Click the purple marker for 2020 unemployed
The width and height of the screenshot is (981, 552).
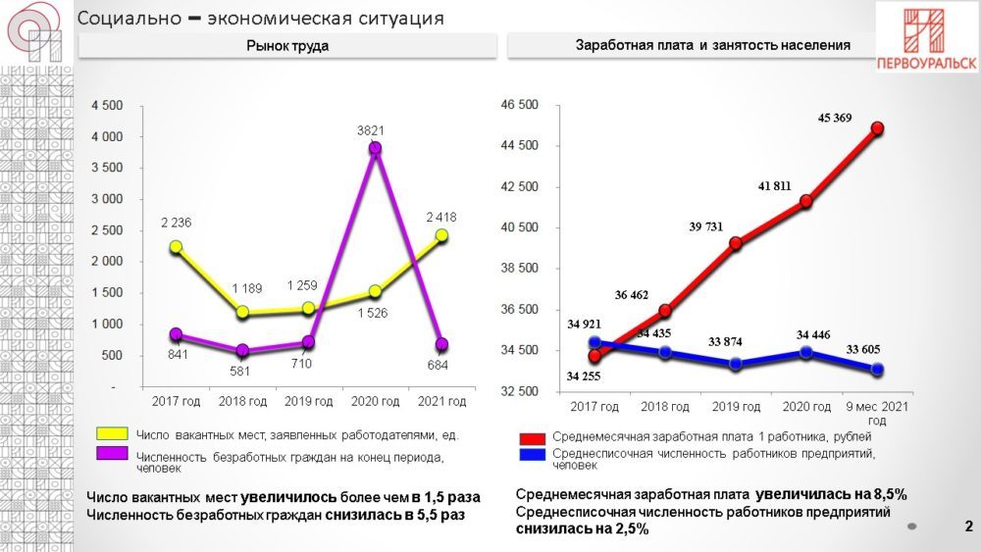click(375, 149)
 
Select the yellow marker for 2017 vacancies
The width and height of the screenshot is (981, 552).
click(175, 247)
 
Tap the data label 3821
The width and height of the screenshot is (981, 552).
click(375, 129)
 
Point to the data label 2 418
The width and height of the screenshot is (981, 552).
click(440, 217)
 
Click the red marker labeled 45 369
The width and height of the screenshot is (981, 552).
click(878, 127)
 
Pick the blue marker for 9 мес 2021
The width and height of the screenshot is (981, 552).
click(878, 370)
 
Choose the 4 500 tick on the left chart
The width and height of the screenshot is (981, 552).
click(107, 106)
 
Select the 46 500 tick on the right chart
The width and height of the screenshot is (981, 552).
click(520, 105)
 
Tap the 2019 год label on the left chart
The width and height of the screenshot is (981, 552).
click(308, 401)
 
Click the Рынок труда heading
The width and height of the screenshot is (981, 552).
click(286, 46)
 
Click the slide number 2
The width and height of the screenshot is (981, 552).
click(967, 527)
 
